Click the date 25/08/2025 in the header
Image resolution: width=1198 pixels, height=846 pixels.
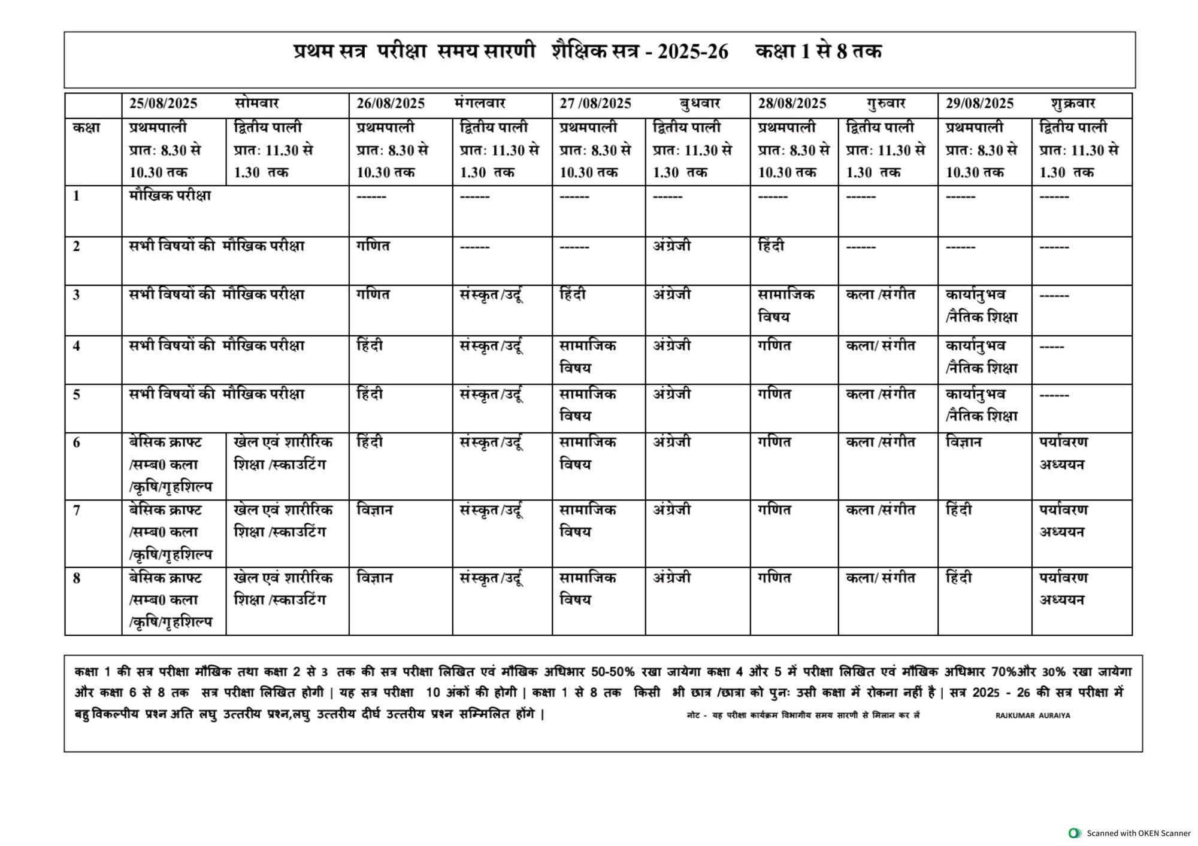163,104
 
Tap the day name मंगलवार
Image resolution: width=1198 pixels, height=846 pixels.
479,104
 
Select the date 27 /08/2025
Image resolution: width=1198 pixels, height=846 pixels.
595,104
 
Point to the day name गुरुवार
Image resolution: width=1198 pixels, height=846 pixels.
885,104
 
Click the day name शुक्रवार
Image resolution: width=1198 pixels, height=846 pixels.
1073,104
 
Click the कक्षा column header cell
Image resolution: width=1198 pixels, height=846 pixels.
86,128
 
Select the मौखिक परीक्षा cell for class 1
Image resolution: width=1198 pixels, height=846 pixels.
170,196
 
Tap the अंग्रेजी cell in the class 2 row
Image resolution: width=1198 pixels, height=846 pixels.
671,246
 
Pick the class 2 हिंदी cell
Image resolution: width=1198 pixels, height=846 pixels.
771,246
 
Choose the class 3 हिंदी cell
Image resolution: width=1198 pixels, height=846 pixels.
573,295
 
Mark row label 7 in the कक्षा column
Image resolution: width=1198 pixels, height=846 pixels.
77,511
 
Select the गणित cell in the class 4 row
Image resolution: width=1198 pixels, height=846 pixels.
774,345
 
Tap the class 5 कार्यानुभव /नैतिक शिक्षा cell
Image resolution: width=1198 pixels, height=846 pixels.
981,405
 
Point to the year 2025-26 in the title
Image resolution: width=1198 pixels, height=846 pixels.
693,52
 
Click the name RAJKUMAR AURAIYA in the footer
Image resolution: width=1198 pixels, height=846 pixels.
1033,715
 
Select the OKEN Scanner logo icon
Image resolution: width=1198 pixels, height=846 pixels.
1075,833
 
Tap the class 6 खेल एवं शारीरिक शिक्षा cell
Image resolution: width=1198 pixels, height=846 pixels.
283,453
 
